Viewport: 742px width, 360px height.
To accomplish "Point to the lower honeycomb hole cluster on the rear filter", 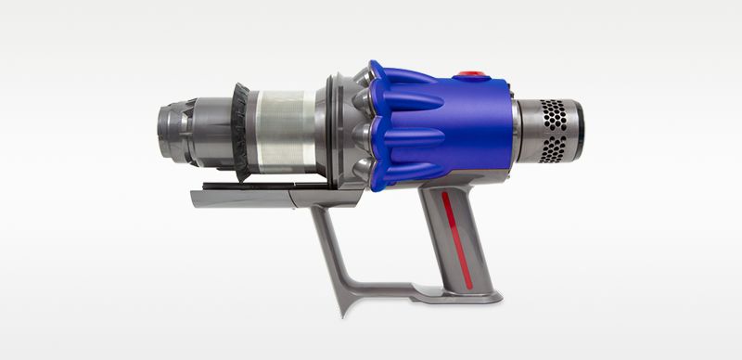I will click(554, 149).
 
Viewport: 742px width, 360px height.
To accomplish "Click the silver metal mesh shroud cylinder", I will click(284, 131).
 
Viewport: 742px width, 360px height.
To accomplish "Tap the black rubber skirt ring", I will click(238, 130).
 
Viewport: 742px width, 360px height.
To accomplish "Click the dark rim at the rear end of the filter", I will click(578, 130).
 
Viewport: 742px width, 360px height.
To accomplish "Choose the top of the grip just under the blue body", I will click(445, 190).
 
